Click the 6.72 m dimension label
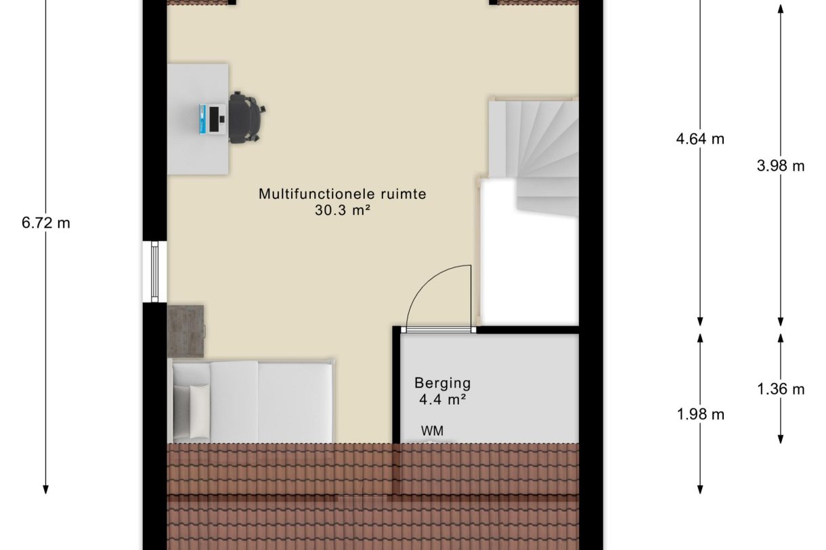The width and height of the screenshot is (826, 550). pos(46,223)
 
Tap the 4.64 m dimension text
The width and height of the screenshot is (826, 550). pos(700,139)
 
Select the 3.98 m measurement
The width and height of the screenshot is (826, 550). pos(781,166)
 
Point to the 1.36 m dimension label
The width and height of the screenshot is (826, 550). pos(781,388)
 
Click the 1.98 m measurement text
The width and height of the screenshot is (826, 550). pos(700,414)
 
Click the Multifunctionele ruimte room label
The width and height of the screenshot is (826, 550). pos(343,194)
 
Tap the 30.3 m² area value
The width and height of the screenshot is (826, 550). pos(343,210)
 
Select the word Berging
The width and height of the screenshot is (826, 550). pos(443,383)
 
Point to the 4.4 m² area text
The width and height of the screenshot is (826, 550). pos(443,399)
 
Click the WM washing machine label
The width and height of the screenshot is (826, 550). pos(433,430)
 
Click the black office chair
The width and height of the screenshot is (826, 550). pos(245,118)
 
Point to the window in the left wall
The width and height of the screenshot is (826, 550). pos(155,271)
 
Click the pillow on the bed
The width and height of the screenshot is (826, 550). pos(199,411)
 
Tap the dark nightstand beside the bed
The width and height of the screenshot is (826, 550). pos(186,331)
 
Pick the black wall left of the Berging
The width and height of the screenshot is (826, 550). pos(396,386)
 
